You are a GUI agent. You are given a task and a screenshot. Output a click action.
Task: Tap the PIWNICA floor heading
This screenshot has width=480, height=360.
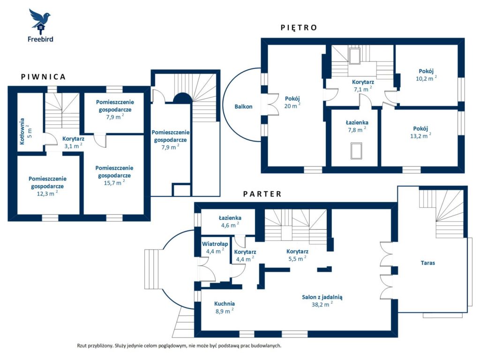(x=43, y=77)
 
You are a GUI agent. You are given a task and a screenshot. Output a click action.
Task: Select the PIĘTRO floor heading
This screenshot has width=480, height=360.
(x=299, y=28)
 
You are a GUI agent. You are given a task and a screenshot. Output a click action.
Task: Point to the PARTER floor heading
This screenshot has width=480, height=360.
(x=262, y=194)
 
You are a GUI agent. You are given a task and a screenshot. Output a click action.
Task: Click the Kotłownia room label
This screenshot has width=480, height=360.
(x=22, y=131)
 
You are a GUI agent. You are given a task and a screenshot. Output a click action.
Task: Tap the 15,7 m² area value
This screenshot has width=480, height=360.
(x=114, y=183)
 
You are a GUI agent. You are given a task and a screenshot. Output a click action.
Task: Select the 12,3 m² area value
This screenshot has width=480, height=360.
(x=47, y=194)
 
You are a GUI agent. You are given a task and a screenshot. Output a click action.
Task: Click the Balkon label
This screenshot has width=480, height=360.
(x=243, y=106)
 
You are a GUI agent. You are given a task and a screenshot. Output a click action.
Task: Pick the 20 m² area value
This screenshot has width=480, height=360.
(x=292, y=106)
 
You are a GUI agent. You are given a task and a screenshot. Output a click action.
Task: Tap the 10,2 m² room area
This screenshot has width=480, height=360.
(x=426, y=78)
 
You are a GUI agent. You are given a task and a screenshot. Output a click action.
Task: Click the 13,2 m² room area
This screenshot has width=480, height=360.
(x=420, y=136)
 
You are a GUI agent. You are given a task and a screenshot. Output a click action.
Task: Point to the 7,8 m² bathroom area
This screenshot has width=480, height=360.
(x=357, y=130)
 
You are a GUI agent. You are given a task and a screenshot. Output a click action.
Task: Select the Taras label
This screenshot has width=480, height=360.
(x=427, y=262)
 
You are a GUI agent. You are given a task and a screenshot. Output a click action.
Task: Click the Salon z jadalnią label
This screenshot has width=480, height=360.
(x=322, y=297)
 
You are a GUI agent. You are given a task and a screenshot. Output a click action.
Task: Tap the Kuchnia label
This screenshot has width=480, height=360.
(x=225, y=304)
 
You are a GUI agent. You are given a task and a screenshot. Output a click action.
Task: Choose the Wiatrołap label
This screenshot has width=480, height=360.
(x=215, y=244)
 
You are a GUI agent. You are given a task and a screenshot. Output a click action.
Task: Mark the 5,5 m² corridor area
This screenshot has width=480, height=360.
(x=297, y=259)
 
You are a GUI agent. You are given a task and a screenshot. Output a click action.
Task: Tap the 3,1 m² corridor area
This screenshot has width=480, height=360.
(x=74, y=146)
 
